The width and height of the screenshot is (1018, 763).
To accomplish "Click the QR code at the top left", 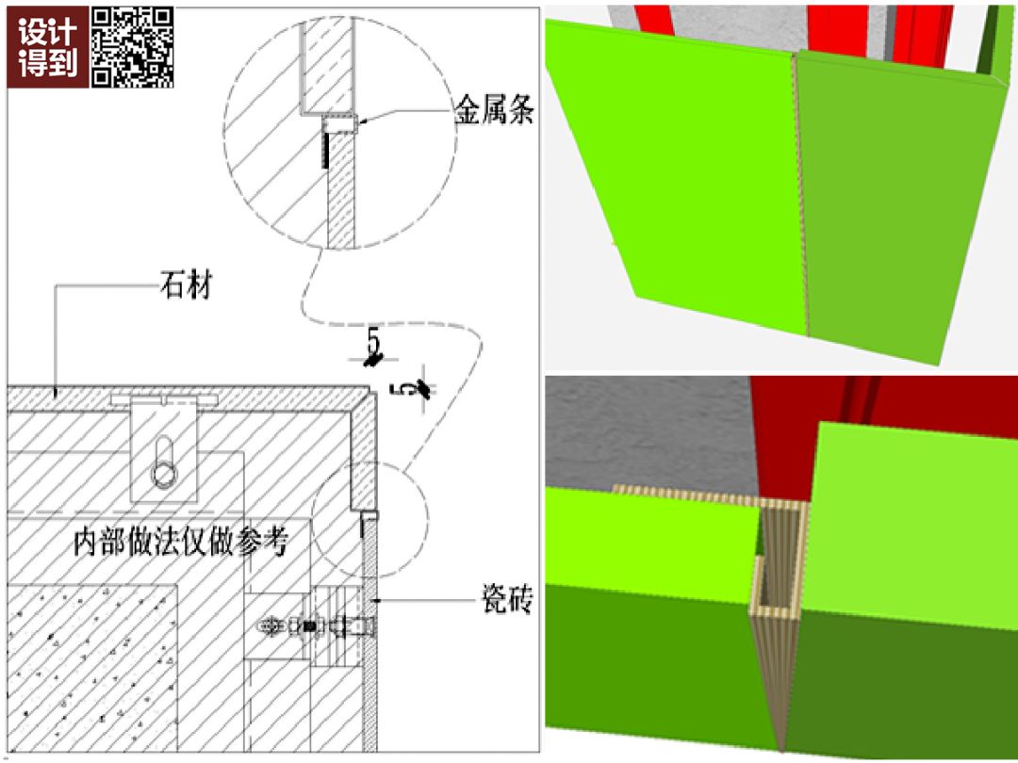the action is coord(133,47).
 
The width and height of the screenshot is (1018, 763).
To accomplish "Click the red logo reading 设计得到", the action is coord(47,47).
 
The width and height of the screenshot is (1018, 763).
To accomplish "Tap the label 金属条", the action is coord(494,109).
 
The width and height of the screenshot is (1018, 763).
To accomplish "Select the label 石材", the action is coord(187,284).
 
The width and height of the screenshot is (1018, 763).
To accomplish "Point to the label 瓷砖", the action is coord(507,599).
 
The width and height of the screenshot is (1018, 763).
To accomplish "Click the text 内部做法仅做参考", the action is coord(180,542).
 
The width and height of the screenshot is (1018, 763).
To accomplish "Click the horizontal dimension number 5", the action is coord(372,340).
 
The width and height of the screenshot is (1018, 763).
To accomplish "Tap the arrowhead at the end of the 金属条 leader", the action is coord(362,121).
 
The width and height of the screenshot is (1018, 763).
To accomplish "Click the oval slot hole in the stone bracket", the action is coord(164,462).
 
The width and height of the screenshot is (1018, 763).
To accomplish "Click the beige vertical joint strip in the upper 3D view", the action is coord(800,195).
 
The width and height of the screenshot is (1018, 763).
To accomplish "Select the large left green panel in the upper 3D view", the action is coord(675,175).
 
